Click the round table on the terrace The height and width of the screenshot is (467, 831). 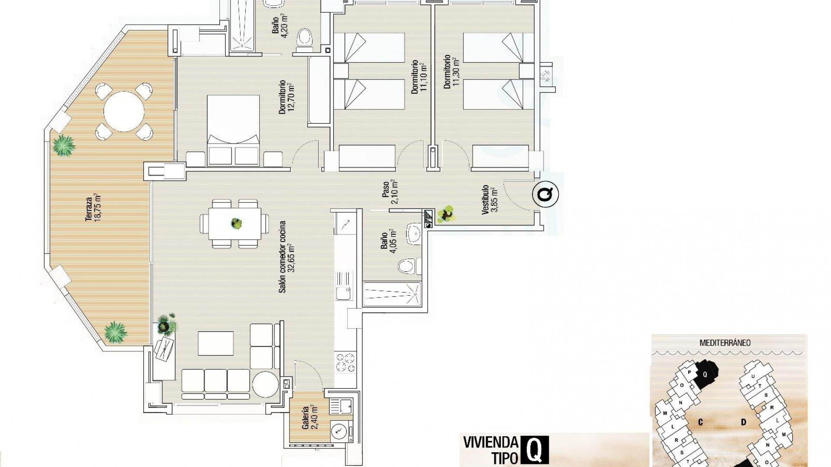[x=124, y=112]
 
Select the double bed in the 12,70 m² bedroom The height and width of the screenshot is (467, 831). [x=234, y=130]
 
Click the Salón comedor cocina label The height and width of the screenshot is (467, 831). [x=287, y=257]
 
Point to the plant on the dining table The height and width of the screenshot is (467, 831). [x=236, y=224]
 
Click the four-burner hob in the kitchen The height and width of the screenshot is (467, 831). [x=345, y=363]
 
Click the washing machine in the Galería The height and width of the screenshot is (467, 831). [x=339, y=430]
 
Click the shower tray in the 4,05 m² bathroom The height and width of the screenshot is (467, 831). [x=392, y=294]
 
